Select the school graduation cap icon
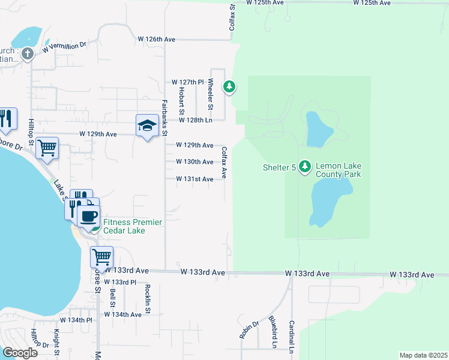146,125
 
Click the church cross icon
27,54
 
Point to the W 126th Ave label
156,39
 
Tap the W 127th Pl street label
188,82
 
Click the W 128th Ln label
196,120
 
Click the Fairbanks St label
164,112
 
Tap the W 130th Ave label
194,162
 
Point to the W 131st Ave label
194,179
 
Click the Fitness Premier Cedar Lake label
132,226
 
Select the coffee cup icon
89,216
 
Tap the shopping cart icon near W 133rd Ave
101,256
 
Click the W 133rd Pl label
121,281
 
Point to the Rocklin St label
146,294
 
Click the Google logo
20,352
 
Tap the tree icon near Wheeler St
229,87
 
